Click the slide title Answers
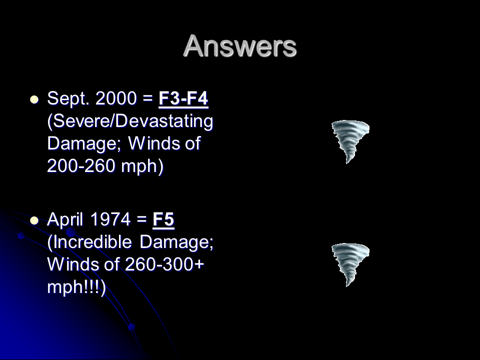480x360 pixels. [x=240, y=46]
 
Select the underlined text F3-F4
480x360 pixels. [x=183, y=98]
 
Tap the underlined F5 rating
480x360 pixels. [x=163, y=219]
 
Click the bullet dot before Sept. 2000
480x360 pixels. [x=34, y=100]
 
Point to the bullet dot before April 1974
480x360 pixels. [x=34, y=220]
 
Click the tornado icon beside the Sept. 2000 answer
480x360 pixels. [x=350, y=141]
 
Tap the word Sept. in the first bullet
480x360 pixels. [x=68, y=99]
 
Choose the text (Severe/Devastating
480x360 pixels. [x=130, y=121]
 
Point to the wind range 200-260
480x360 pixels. [x=81, y=166]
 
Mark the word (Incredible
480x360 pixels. [x=89, y=242]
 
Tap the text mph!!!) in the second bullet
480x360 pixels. [x=76, y=287]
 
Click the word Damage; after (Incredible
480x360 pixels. [x=176, y=242]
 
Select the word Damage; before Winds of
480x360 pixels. [x=84, y=144]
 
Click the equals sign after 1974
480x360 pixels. [x=141, y=220]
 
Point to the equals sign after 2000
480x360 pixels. [x=148, y=99]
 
